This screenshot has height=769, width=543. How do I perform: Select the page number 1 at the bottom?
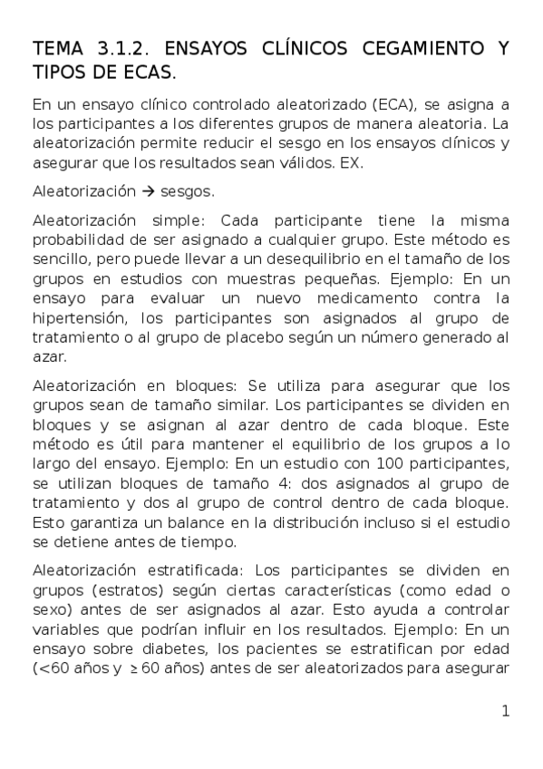tap(505, 711)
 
